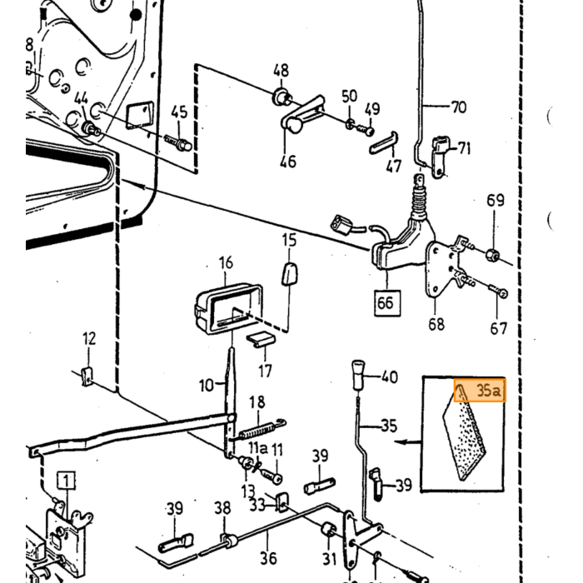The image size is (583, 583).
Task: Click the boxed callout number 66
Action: pos(387,303)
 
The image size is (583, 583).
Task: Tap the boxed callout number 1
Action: pos(66,481)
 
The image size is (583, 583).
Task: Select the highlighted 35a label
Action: pos(480,390)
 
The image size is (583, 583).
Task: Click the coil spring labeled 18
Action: pos(262,429)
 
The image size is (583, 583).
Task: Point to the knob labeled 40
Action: pos(358,374)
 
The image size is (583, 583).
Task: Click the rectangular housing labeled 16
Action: pos(229,308)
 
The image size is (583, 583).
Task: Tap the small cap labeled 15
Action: pos(289,274)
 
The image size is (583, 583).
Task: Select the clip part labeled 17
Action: pos(262,339)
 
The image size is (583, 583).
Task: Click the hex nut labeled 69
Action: pos(492,254)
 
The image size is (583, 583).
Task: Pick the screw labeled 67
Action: pos(498,291)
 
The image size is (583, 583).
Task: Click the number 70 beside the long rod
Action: pos(459,107)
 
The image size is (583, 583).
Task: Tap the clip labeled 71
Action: pos(440,156)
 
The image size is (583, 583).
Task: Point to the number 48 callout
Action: pos(282,71)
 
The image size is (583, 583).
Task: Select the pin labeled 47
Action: pos(384,142)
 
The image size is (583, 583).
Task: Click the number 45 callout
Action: pos(179,112)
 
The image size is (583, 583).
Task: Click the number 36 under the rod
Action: pos(268,558)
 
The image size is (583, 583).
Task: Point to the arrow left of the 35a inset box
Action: pos(408,442)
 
